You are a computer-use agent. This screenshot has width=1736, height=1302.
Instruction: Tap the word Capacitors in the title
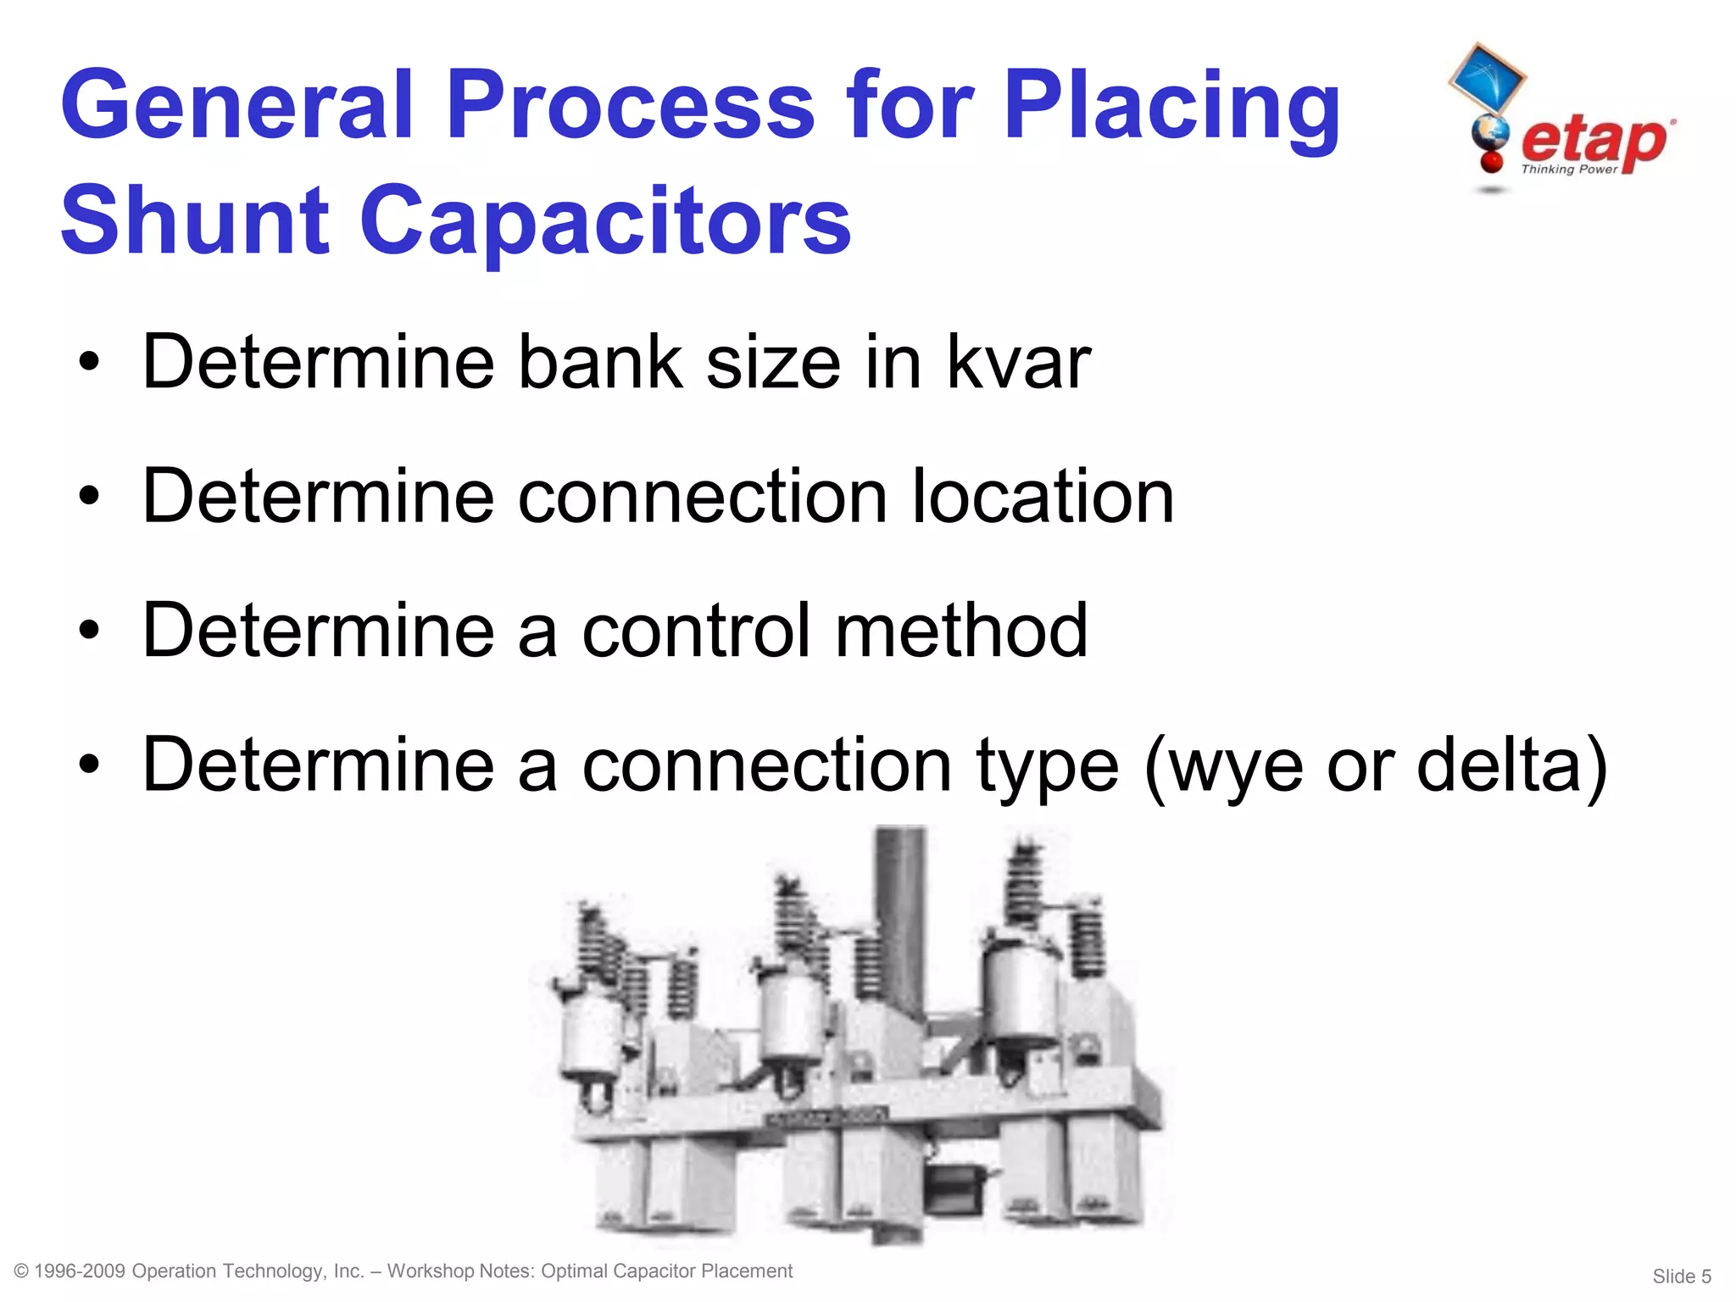[x=605, y=222]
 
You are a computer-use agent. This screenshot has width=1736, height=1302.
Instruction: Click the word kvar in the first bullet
[x=1018, y=363]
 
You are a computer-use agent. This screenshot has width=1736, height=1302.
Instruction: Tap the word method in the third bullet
[x=961, y=631]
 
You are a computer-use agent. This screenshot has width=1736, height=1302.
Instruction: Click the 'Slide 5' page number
[x=1681, y=1276]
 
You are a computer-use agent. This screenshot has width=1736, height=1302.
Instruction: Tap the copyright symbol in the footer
[x=23, y=1271]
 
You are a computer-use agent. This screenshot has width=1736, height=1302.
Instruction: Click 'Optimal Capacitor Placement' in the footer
[x=666, y=1271]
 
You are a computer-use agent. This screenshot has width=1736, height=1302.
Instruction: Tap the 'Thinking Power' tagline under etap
[x=1569, y=170]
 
